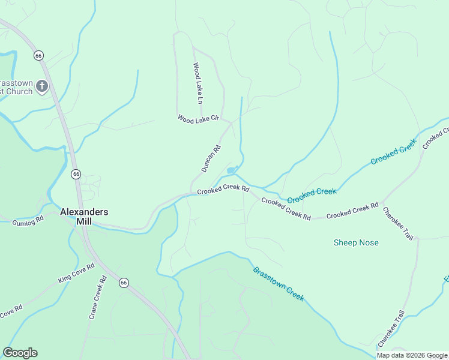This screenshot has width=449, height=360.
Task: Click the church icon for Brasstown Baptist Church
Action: [42, 86]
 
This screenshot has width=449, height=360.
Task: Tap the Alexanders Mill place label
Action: [84, 216]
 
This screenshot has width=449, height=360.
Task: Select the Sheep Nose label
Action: [356, 242]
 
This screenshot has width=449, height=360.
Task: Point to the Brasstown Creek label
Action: [279, 284]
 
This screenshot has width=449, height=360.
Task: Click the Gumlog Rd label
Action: [28, 221]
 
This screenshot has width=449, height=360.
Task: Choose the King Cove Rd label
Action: [76, 272]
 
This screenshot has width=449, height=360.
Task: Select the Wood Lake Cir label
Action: [198, 119]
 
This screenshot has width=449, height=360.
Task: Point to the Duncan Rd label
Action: [211, 158]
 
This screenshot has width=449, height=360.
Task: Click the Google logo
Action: [20, 353]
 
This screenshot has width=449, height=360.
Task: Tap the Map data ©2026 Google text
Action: [412, 355]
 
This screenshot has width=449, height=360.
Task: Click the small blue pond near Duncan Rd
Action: [231, 171]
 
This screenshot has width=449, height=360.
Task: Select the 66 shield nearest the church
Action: [38, 55]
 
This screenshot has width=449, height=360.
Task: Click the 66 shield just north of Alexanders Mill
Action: [76, 174]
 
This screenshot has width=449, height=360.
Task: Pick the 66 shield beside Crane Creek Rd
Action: [123, 283]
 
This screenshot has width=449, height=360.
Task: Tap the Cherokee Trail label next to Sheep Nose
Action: [398, 224]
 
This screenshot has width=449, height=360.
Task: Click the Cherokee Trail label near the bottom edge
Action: [391, 329]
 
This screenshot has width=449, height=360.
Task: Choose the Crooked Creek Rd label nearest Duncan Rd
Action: [223, 190]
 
